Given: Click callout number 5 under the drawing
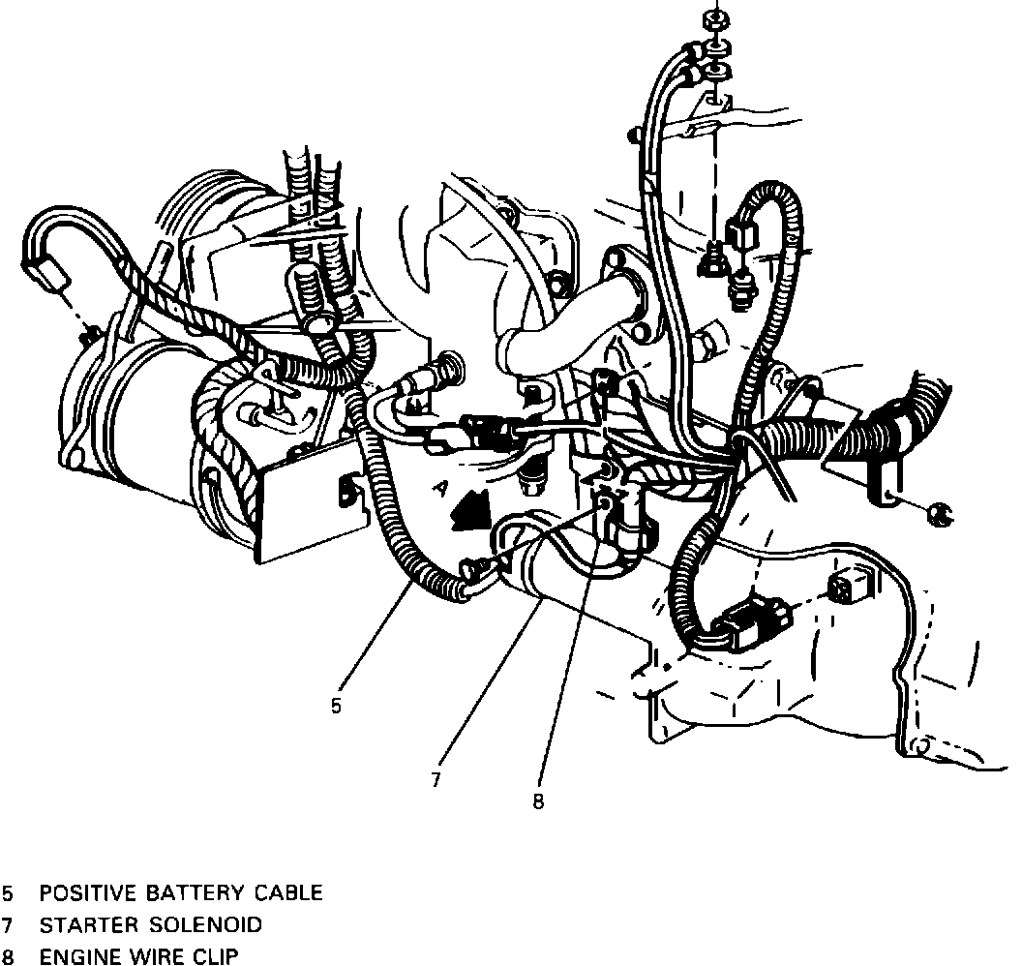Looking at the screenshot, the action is pyautogui.click(x=336, y=707).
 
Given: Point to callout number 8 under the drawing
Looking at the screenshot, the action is pyautogui.click(x=538, y=800).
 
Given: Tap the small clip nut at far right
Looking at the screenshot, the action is pyautogui.click(x=937, y=513).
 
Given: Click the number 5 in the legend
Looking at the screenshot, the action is pyautogui.click(x=9, y=892).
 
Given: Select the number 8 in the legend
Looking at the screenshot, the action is pyautogui.click(x=9, y=957).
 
